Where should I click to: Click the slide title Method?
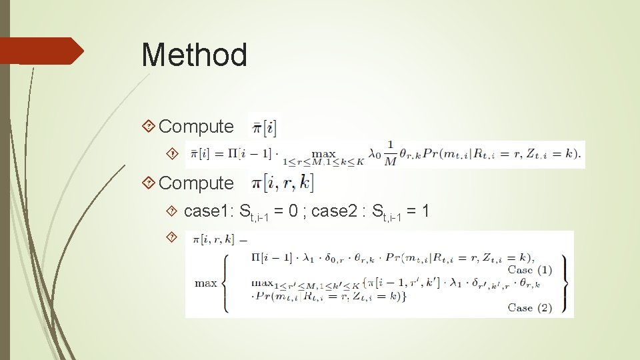pos(194,55)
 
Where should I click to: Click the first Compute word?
pos(197,126)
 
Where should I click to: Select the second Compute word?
pos(197,183)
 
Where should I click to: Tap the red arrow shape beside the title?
pos(41,51)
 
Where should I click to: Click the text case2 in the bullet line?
pos(338,211)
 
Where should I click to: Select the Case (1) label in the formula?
pos(529,269)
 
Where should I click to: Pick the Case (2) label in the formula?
pos(529,307)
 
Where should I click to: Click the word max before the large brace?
pos(205,283)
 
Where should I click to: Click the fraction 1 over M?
pos(390,154)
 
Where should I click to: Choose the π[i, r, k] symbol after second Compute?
pos(280,182)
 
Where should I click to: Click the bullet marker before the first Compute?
pos(150,126)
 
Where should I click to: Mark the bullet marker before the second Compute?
pos(150,183)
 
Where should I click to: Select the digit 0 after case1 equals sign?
pos(295,211)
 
